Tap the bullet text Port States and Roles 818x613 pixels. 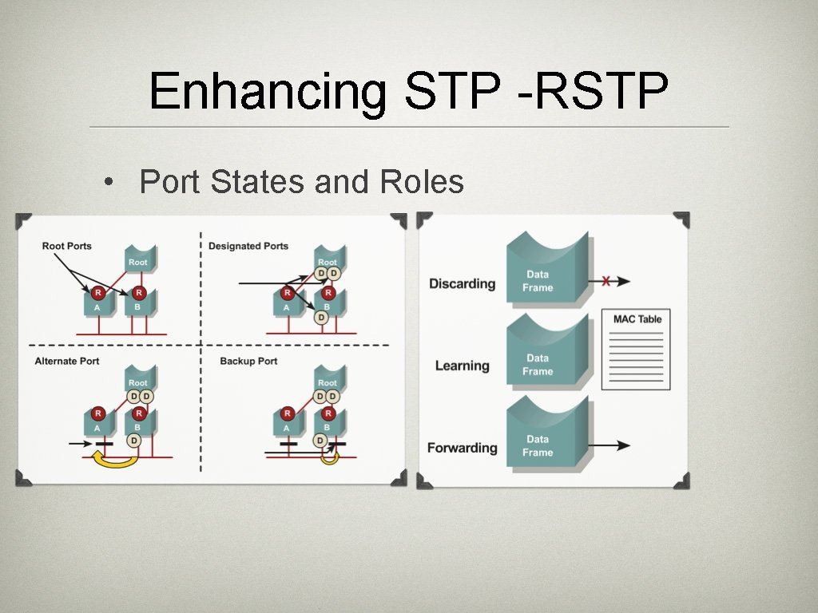click(301, 182)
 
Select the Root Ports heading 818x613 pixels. click(67, 246)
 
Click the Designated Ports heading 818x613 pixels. click(248, 246)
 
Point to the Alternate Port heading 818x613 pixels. click(67, 361)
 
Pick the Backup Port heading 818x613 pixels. click(248, 361)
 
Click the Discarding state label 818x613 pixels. click(462, 283)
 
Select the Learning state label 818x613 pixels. click(462, 366)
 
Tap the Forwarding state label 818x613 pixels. click(462, 448)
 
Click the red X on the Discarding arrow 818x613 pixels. click(606, 281)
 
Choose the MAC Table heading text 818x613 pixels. click(637, 319)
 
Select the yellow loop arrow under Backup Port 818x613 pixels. click(328, 457)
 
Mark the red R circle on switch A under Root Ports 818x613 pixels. click(97, 292)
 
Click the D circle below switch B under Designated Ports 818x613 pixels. click(321, 318)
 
